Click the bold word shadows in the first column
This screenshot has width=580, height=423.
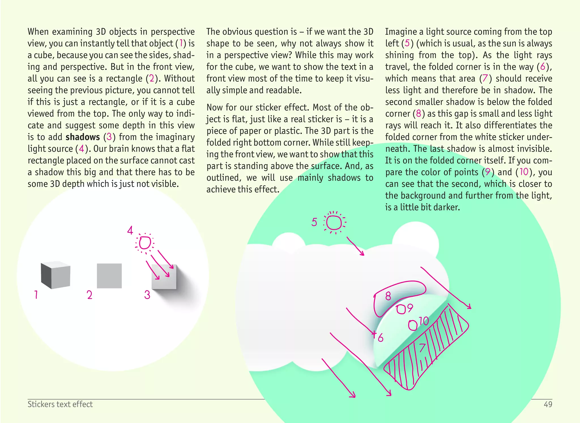83,137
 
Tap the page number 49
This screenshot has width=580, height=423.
548,404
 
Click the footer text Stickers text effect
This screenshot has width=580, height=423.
60,404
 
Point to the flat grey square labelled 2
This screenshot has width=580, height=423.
109,276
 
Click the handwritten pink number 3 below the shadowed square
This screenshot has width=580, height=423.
147,295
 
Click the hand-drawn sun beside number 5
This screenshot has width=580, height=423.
334,223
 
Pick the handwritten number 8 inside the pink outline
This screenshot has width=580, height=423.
388,296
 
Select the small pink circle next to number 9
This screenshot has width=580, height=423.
401,309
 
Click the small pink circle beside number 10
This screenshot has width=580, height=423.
413,325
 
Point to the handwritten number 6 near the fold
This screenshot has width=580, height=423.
380,338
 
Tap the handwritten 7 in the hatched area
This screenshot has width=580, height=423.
422,347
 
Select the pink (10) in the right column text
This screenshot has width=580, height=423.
524,172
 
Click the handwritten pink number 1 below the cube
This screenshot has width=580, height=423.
36,295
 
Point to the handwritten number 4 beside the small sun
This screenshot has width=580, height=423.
130,230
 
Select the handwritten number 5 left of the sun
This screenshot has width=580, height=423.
314,222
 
